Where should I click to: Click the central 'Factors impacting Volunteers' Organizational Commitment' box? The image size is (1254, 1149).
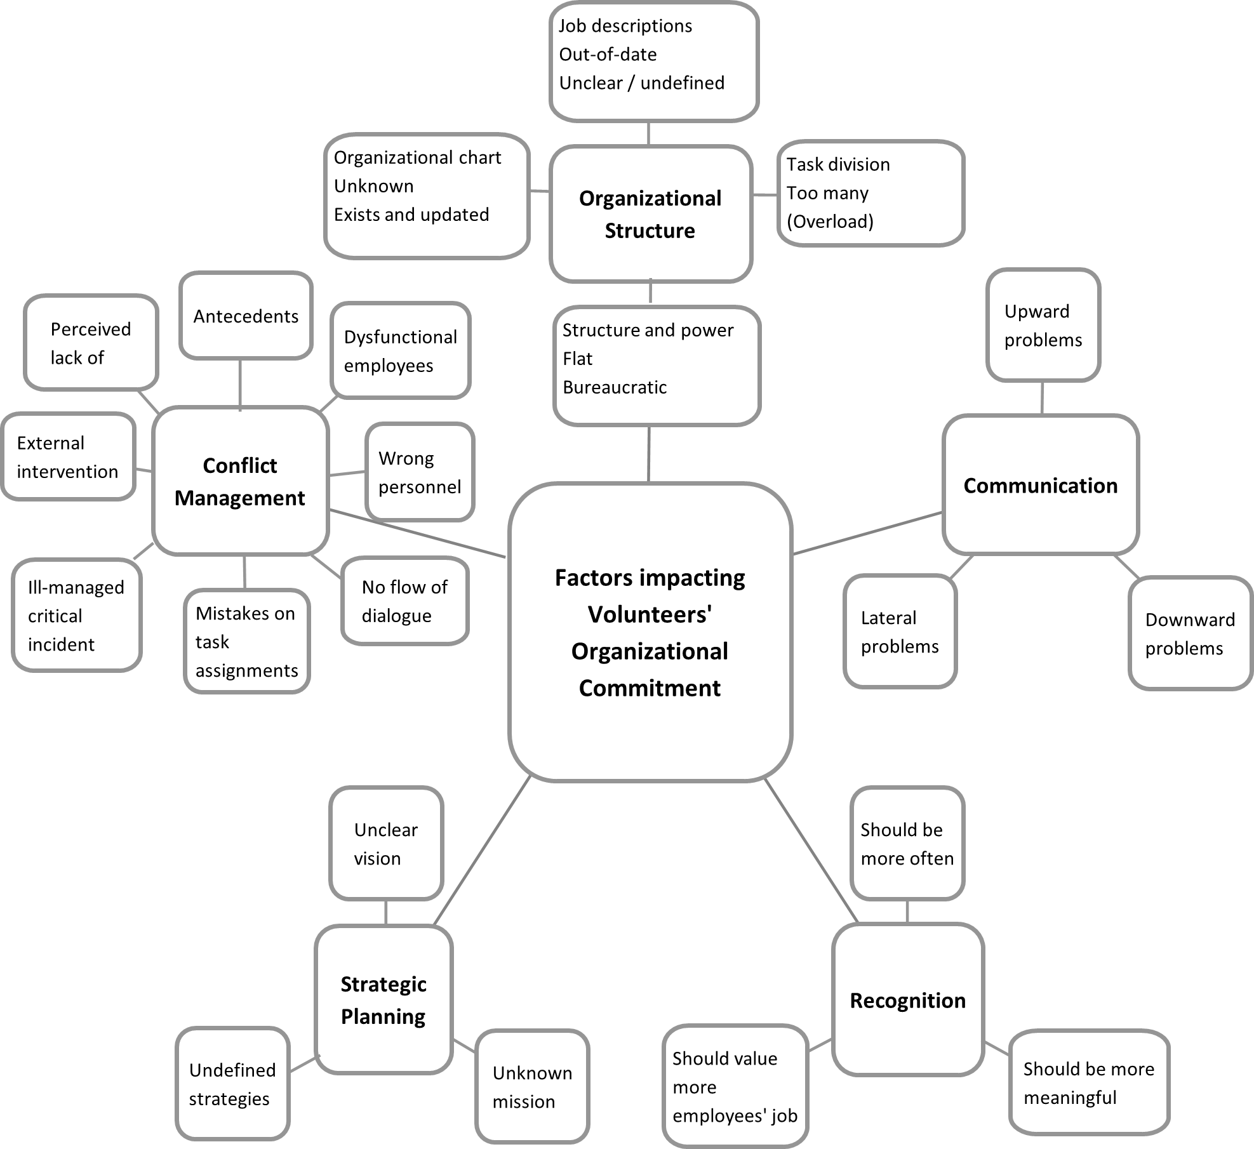coord(650,632)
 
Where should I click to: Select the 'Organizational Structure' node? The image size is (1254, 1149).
coord(650,214)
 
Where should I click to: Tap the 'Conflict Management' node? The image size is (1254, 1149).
coord(240,481)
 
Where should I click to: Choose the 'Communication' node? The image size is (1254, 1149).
coord(1040,485)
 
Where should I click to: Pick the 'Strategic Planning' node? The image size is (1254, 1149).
coord(384,1000)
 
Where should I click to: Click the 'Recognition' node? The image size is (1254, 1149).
coord(907,1000)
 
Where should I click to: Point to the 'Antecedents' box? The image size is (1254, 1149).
coord(246,316)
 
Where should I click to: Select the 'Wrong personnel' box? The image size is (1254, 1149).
coord(420,472)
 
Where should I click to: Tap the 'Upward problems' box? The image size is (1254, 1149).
coord(1043,325)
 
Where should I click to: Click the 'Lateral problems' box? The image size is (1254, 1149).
coord(900,632)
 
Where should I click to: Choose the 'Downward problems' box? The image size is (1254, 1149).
coord(1189,634)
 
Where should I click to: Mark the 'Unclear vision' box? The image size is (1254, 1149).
coord(385,844)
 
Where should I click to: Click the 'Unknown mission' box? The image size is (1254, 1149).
coord(532,1087)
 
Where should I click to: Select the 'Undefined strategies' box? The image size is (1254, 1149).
coord(232,1084)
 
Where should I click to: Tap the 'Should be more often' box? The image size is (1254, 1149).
coord(907,844)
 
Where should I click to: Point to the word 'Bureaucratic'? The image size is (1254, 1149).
coord(615,387)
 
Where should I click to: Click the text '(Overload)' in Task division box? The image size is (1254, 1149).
coord(830,222)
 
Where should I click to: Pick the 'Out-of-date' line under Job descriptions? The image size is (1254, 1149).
coord(608,55)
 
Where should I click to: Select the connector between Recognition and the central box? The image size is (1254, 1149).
coord(811,851)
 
